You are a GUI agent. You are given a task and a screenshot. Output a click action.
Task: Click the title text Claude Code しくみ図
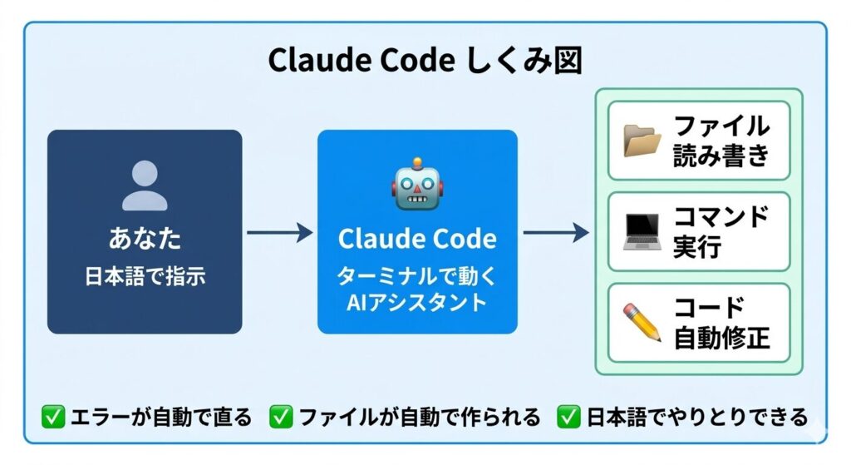pyautogui.click(x=425, y=62)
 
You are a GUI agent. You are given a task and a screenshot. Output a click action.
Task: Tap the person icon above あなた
pyautogui.click(x=145, y=184)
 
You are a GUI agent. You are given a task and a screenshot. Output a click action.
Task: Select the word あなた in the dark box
pyautogui.click(x=145, y=239)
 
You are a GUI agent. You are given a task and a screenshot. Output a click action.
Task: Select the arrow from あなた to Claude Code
pyautogui.click(x=279, y=232)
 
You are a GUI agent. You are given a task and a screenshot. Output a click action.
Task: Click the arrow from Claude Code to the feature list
pyautogui.click(x=555, y=232)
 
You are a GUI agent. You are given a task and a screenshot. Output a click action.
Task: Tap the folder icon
pyautogui.click(x=642, y=141)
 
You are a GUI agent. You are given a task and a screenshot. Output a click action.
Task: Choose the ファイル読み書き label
pyautogui.click(x=721, y=141)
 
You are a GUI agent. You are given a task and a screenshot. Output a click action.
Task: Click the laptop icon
pyautogui.click(x=642, y=232)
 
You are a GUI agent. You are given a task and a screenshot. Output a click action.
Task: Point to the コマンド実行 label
pyautogui.click(x=720, y=232)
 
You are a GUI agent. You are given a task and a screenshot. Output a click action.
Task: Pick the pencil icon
pyautogui.click(x=642, y=323)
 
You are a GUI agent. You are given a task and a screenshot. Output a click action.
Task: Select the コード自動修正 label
pyautogui.click(x=721, y=323)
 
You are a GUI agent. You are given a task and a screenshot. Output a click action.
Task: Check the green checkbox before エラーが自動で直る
pyautogui.click(x=52, y=417)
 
